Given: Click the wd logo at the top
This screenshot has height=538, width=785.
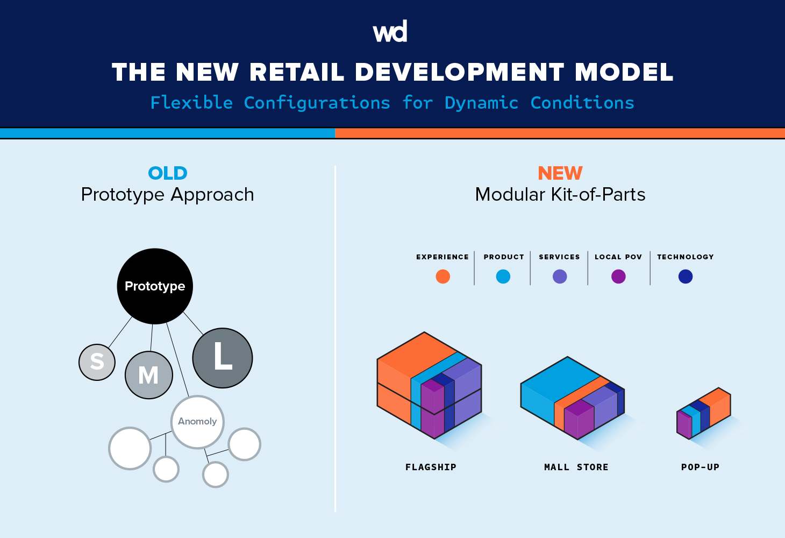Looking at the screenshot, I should (x=390, y=32).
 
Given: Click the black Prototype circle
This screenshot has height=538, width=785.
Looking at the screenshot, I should (x=155, y=286).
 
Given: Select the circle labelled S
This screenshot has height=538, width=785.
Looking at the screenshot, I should (x=97, y=362).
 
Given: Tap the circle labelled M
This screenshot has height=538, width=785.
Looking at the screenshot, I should (x=149, y=375).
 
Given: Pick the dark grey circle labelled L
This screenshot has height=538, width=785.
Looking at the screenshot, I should (x=223, y=358).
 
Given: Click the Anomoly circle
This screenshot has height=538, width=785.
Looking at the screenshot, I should (x=197, y=422).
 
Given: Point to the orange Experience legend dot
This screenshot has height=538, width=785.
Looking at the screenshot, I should (x=443, y=277).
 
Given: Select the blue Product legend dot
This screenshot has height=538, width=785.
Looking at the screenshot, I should (x=503, y=277).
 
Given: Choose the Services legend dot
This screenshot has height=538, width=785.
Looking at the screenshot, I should (x=560, y=277).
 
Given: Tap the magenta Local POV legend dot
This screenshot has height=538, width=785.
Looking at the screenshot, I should (x=618, y=277).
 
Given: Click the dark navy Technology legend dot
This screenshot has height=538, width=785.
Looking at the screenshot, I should (x=686, y=277).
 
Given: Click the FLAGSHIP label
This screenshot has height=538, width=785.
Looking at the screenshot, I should (x=431, y=467).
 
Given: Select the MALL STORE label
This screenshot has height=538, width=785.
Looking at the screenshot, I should (x=576, y=467).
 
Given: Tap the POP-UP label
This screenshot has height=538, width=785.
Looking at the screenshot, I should (x=700, y=467).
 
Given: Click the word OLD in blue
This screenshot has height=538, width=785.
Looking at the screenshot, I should (x=168, y=173).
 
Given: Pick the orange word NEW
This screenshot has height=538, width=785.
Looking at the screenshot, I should (x=560, y=173).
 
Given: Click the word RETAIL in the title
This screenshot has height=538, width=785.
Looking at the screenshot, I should (x=297, y=73).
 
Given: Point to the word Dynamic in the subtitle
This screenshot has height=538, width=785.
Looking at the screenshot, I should (x=481, y=103).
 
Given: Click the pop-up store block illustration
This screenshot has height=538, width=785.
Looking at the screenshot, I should (x=703, y=413).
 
